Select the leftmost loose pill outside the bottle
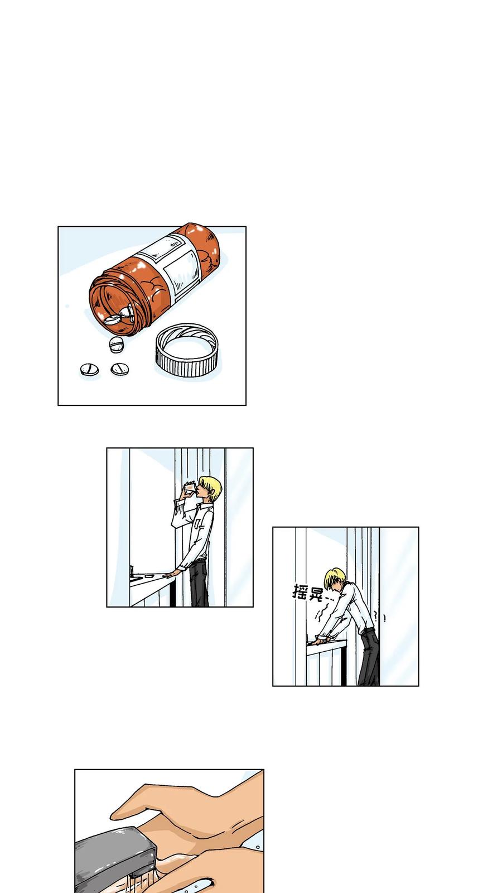click(89, 369)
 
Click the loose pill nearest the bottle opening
click(117, 345)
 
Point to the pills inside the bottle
click(119, 316)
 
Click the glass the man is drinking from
click(189, 489)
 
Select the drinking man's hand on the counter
click(169, 575)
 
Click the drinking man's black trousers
click(199, 583)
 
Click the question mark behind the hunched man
click(375, 617)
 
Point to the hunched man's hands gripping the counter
click(321, 639)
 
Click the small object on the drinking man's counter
click(149, 576)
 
